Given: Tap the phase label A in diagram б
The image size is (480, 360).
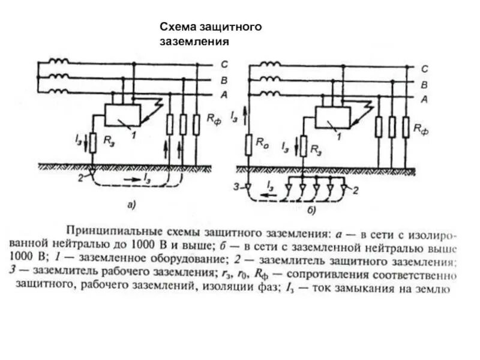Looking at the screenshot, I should point(424,98).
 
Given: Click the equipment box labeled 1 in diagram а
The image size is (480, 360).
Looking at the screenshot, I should point(122,114).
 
